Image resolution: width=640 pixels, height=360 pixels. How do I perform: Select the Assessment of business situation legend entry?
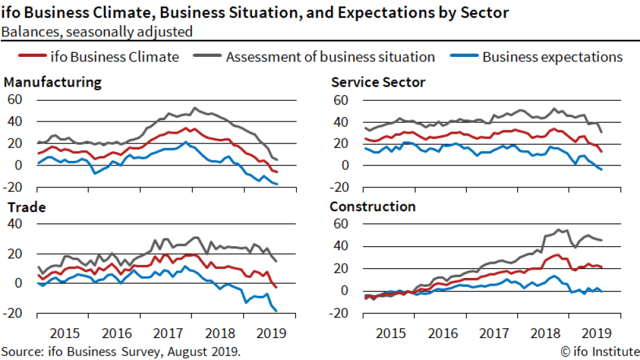point(330,57)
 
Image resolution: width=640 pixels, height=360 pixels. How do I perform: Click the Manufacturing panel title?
point(53,82)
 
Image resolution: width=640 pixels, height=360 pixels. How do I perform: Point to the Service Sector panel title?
point(378,82)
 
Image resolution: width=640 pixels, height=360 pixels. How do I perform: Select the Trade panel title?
point(25,207)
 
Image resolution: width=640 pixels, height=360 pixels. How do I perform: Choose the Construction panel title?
point(373,207)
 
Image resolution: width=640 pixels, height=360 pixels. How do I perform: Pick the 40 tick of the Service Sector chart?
point(341,122)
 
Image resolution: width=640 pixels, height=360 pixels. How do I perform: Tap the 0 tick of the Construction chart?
point(344,291)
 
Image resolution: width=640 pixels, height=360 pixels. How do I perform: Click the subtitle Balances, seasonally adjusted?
point(97,31)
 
